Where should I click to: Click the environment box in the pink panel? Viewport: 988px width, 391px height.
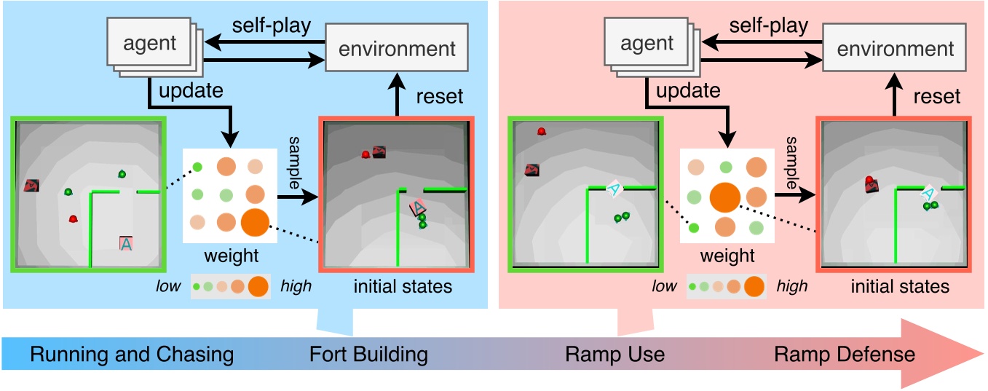[895, 49]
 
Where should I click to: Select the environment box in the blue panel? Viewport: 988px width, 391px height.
[397, 49]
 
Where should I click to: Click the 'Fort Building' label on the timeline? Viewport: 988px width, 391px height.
[368, 355]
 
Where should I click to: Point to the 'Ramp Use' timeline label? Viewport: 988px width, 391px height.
[614, 355]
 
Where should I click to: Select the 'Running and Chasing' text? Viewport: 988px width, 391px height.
[132, 355]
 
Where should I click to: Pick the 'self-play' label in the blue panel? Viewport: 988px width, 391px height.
[272, 25]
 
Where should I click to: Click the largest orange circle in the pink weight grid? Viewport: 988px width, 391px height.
[724, 197]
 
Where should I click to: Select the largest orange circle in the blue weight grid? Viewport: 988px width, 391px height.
[254, 222]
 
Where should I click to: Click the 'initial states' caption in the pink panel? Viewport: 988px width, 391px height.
[900, 286]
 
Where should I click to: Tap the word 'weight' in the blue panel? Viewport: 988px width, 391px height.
[231, 256]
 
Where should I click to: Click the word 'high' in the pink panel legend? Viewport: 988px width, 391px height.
[792, 286]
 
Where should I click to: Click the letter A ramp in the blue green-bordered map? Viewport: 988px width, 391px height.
[126, 244]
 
